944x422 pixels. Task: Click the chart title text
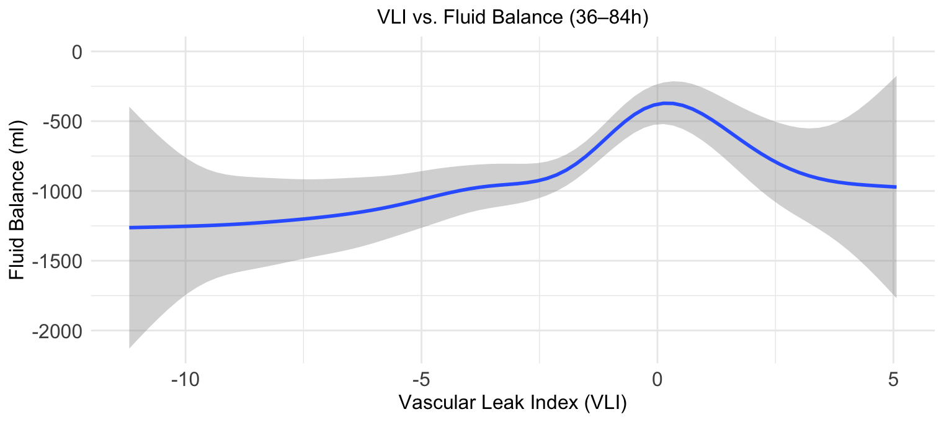(512, 19)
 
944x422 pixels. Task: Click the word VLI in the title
(392, 19)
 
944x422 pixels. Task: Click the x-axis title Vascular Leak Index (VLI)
(512, 403)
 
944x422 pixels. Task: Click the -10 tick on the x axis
(185, 379)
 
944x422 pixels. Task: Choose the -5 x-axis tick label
(421, 379)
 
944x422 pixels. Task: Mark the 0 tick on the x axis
(657, 379)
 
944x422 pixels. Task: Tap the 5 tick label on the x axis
(894, 379)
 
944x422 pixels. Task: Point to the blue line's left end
(130, 228)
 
